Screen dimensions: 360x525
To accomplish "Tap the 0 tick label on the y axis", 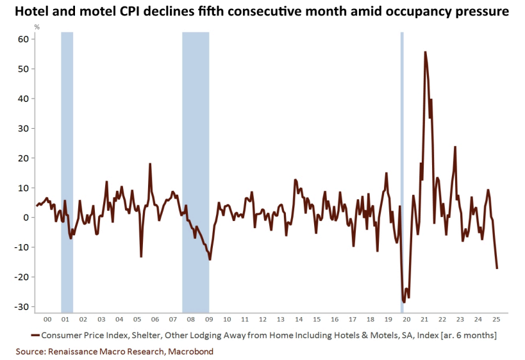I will pyautogui.click(x=26, y=218).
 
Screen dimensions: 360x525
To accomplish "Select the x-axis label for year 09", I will pyautogui.click(x=208, y=318).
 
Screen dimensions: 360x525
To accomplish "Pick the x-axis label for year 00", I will pyautogui.click(x=47, y=318).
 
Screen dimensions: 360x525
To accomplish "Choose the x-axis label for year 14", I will pyautogui.click(x=298, y=318).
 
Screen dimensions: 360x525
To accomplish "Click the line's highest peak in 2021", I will pyautogui.click(x=425, y=52).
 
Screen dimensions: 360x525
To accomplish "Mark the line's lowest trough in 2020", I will pyautogui.click(x=404, y=302).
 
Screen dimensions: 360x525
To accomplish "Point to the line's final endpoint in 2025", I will pyautogui.click(x=497, y=268).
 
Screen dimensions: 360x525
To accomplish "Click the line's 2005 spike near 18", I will pyautogui.click(x=150, y=164).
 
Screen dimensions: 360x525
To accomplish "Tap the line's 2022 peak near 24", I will pyautogui.click(x=455, y=147).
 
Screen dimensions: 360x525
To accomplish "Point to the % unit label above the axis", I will pyautogui.click(x=37, y=27).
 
